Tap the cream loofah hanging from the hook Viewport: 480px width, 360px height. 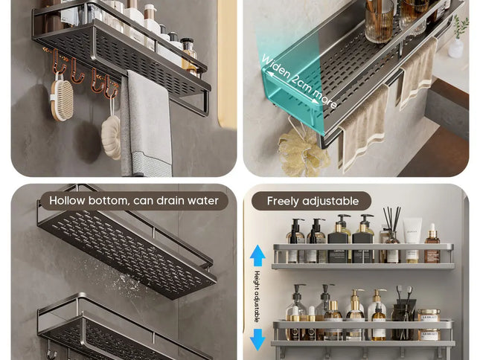[111, 137]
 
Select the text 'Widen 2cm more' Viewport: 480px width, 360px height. [298, 81]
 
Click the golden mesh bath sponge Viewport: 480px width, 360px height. [303, 152]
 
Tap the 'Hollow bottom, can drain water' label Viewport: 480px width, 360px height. [134, 201]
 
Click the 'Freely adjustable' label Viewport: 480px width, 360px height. [313, 201]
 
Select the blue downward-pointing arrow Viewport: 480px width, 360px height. [257, 339]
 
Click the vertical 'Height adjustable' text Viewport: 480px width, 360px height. [257, 297]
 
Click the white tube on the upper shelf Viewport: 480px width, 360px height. [412, 240]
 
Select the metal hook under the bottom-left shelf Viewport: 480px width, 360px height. [51, 351]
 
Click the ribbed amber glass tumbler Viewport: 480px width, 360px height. [379, 22]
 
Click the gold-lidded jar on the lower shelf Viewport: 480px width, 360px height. [429, 324]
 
